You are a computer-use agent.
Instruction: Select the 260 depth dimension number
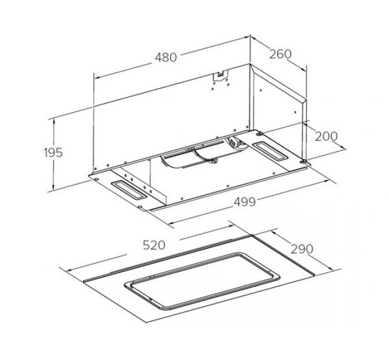tap(280, 54)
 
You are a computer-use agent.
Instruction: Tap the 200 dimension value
tap(326, 136)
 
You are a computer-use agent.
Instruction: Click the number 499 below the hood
tap(244, 201)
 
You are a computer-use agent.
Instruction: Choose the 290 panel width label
tap(303, 249)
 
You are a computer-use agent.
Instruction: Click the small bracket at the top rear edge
tap(220, 74)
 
